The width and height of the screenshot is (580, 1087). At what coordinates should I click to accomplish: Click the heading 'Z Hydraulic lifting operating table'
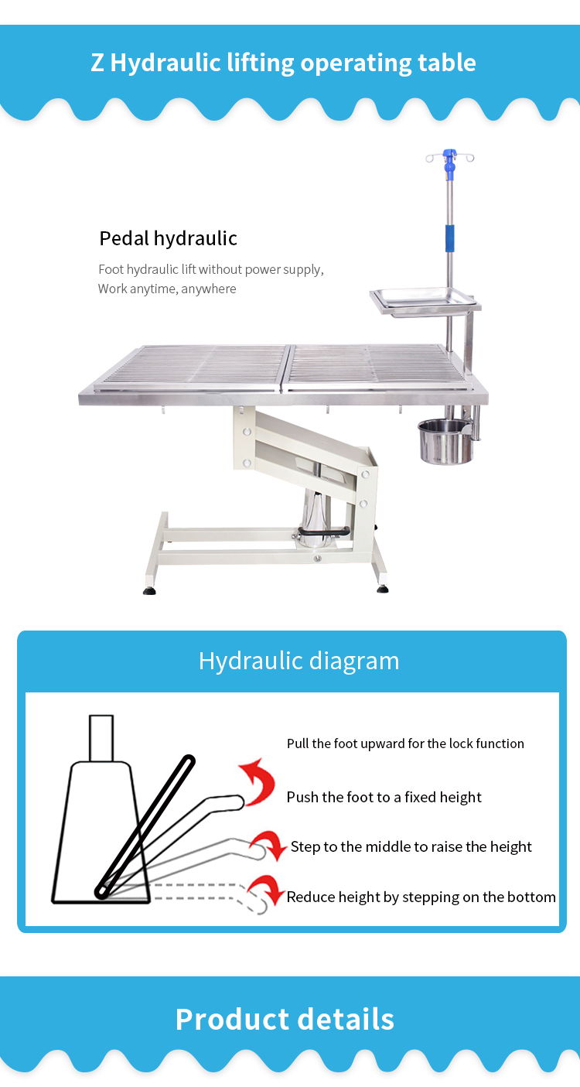pyautogui.click(x=283, y=63)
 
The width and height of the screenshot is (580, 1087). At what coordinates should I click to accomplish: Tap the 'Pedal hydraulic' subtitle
pyautogui.click(x=169, y=238)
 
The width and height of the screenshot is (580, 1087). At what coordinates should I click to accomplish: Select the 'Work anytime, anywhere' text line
pyautogui.click(x=167, y=289)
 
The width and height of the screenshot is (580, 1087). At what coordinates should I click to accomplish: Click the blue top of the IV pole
pyautogui.click(x=450, y=160)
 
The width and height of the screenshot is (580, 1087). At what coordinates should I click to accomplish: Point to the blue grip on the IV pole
pyautogui.click(x=451, y=238)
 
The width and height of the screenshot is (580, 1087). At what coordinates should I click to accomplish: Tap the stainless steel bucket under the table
pyautogui.click(x=445, y=442)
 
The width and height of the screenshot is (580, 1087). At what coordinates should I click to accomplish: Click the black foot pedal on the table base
pyautogui.click(x=323, y=532)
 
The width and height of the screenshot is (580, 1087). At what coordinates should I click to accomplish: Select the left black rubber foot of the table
pyautogui.click(x=149, y=590)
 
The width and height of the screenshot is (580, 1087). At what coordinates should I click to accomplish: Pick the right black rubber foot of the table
pyautogui.click(x=383, y=589)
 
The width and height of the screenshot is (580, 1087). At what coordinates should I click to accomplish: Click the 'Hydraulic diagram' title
pyautogui.click(x=299, y=661)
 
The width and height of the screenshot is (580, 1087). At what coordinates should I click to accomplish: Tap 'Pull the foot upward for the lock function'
pyautogui.click(x=405, y=743)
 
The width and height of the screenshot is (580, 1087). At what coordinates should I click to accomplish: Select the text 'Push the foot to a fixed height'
pyautogui.click(x=384, y=797)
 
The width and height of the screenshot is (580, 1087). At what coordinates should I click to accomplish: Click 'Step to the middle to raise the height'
pyautogui.click(x=411, y=846)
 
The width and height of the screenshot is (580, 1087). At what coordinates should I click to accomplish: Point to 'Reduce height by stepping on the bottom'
pyautogui.click(x=421, y=897)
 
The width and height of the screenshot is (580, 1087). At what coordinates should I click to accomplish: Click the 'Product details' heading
pyautogui.click(x=285, y=1019)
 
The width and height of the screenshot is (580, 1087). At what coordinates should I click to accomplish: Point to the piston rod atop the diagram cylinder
pyautogui.click(x=101, y=738)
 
